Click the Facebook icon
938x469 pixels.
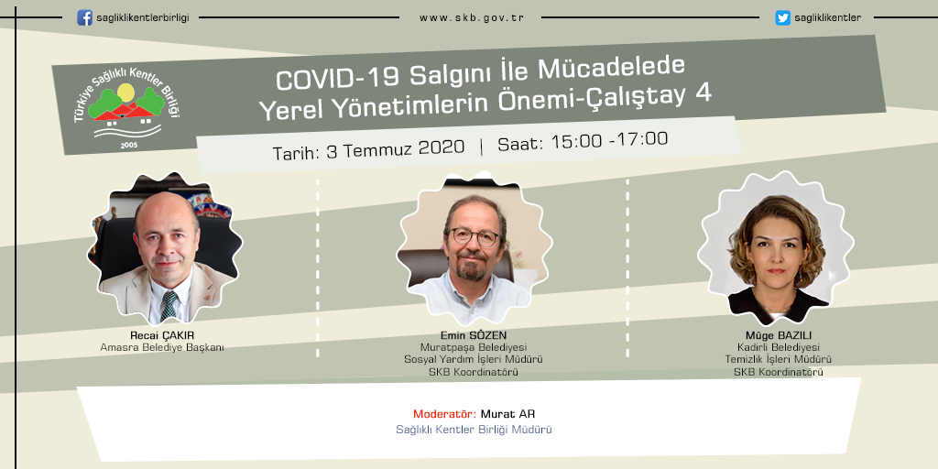coord(84,18)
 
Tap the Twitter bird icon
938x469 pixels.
coord(782,18)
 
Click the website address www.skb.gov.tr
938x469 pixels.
coord(472,18)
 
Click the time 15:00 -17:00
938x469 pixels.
coord(609,139)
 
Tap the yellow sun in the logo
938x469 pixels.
coord(125,93)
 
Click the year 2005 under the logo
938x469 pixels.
coord(128,145)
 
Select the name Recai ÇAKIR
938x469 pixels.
coord(162,335)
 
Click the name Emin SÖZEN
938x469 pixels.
coord(474,335)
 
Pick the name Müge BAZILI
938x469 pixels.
coord(779,335)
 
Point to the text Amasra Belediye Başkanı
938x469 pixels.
coord(162,347)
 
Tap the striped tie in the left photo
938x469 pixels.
coord(169,306)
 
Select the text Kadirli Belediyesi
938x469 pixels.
coord(779,347)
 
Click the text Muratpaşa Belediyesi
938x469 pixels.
coord(474,347)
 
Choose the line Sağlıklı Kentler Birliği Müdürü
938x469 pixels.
coord(474,430)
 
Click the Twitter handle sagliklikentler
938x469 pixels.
coord(828,18)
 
